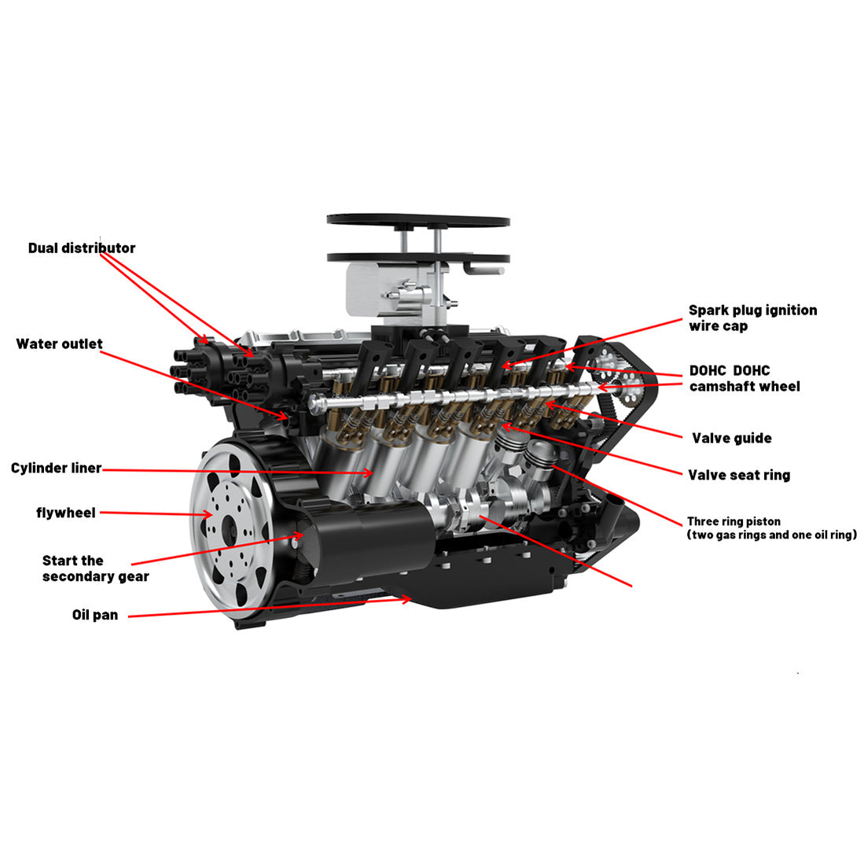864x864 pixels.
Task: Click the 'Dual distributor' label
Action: click(82, 248)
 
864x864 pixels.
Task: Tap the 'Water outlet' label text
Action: click(59, 344)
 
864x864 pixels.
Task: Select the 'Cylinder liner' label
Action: click(56, 469)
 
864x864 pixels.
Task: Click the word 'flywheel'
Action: click(66, 513)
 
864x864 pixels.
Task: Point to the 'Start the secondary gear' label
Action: click(94, 568)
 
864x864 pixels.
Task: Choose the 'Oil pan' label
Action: click(95, 616)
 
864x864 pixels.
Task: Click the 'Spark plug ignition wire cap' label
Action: click(752, 318)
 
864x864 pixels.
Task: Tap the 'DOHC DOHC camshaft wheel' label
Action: click(744, 379)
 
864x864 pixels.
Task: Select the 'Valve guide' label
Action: click(731, 439)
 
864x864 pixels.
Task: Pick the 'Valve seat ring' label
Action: click(739, 476)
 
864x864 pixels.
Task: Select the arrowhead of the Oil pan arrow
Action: click(408, 599)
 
